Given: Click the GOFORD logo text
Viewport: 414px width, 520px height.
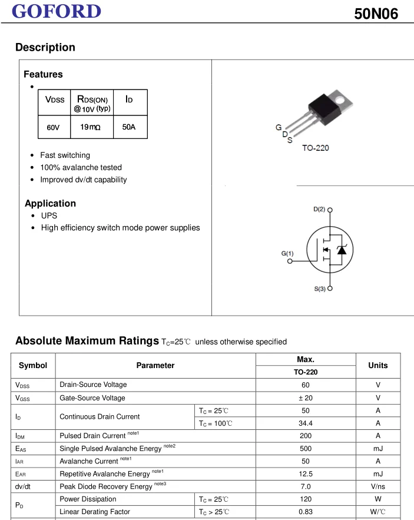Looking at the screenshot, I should [x=57, y=11].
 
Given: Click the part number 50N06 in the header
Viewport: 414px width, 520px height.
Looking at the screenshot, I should [x=376, y=14].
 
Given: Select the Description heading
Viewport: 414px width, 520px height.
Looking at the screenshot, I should [x=45, y=48].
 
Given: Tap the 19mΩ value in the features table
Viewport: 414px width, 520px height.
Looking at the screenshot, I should [x=90, y=127].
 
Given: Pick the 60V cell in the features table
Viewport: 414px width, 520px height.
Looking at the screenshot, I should [x=54, y=127].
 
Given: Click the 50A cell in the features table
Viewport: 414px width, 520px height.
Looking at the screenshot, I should [x=129, y=127].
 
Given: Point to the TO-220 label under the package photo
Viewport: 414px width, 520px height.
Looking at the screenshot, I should [x=316, y=148].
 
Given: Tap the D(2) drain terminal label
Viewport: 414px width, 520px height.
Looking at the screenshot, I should [x=319, y=210].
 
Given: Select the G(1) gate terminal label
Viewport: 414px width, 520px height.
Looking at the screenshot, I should [x=287, y=254].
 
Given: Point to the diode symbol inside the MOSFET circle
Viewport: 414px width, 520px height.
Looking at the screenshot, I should [x=340, y=250].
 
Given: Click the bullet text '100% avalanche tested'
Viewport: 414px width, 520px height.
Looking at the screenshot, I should [x=81, y=168].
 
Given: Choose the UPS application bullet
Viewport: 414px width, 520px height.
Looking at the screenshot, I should [x=49, y=216].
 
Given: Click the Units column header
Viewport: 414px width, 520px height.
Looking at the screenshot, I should [x=377, y=366].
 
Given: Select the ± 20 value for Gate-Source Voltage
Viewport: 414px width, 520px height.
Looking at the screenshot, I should [x=305, y=398].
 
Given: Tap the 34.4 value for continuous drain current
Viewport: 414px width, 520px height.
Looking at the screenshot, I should [x=305, y=423].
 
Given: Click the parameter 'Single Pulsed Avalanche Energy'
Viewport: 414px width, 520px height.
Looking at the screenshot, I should [x=111, y=449].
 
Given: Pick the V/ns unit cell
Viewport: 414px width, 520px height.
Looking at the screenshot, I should [x=377, y=487].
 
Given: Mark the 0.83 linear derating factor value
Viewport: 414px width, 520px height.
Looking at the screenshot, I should [x=305, y=512].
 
